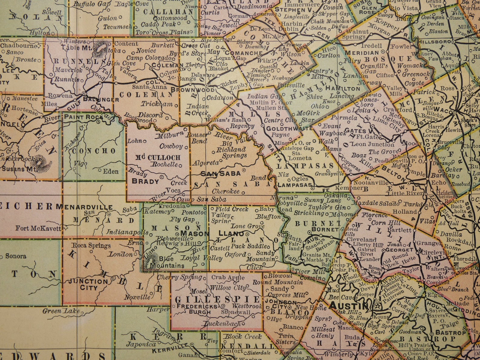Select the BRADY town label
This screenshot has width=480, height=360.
(145, 181)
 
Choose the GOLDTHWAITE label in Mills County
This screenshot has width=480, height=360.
(283, 128)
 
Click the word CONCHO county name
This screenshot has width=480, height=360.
(89, 151)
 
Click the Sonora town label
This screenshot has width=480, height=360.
(16, 256)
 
